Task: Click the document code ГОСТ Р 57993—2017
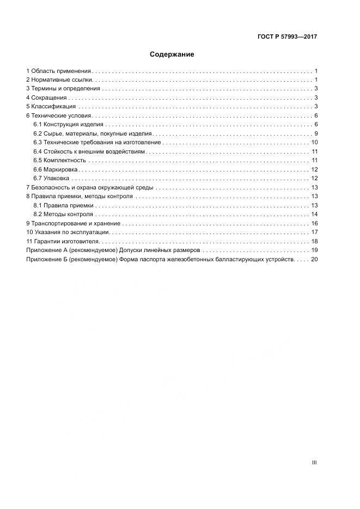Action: (287, 37)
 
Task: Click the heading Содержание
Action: (172, 54)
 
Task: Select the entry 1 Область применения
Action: (59, 71)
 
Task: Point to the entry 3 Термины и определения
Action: (63, 88)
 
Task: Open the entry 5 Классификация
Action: (52, 106)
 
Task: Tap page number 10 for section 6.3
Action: (314, 142)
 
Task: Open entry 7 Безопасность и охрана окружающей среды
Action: (90, 187)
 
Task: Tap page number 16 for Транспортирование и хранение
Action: (314, 224)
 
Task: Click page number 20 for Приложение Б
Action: (314, 260)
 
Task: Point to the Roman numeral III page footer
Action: (314, 463)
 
